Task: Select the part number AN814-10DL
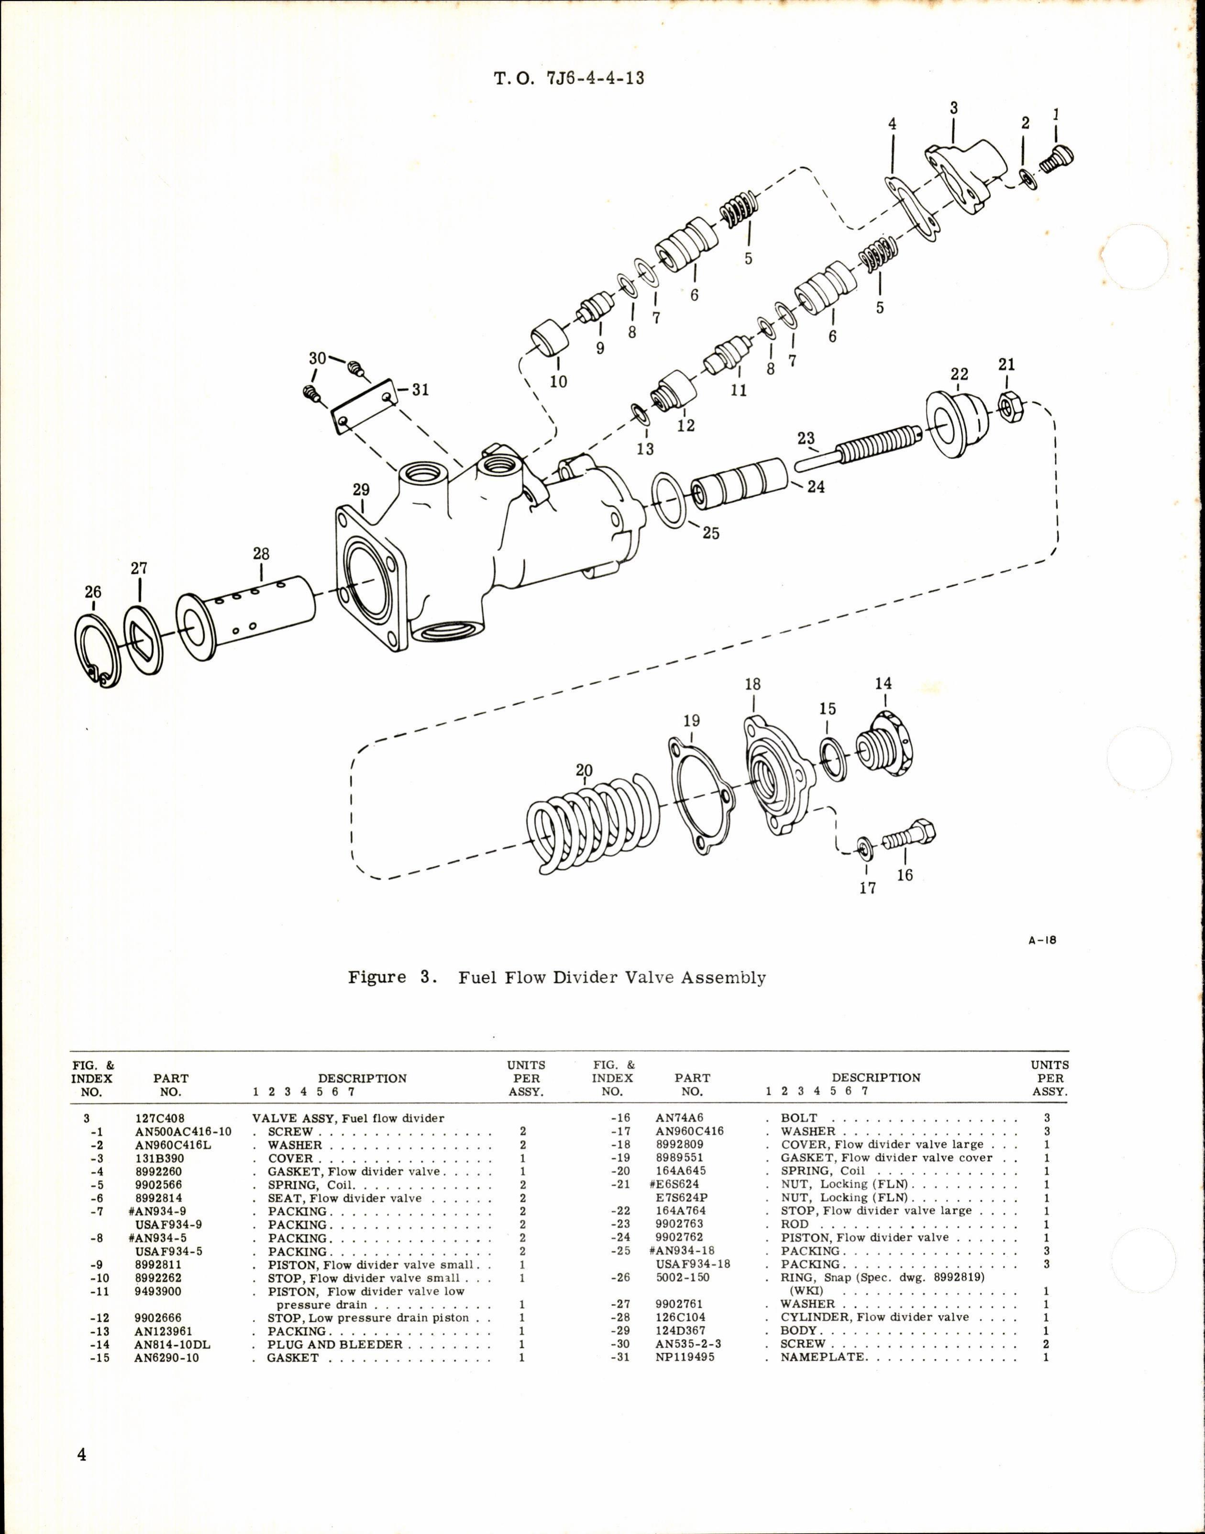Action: [x=172, y=1344]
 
